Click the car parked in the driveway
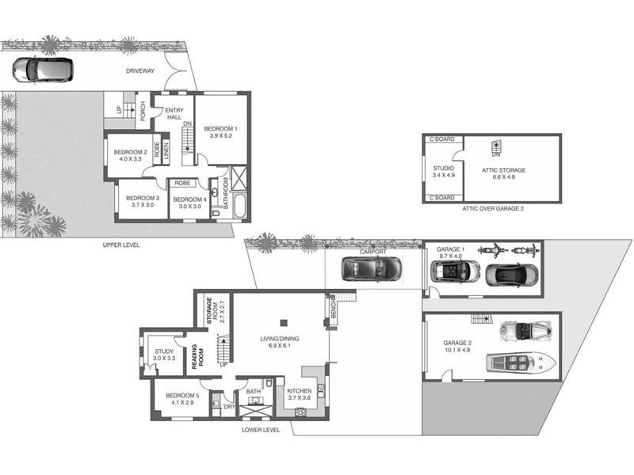43,70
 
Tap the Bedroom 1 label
221,132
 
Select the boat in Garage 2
521,362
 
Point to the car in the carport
372,269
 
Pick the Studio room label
444,172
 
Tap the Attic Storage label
503,173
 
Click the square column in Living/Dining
284,323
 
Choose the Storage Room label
215,311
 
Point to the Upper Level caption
121,245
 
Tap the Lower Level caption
261,430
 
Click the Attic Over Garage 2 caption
493,209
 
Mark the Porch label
143,112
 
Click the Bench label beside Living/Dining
334,309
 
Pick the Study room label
164,355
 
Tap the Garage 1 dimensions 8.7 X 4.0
449,256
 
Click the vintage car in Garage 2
525,330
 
